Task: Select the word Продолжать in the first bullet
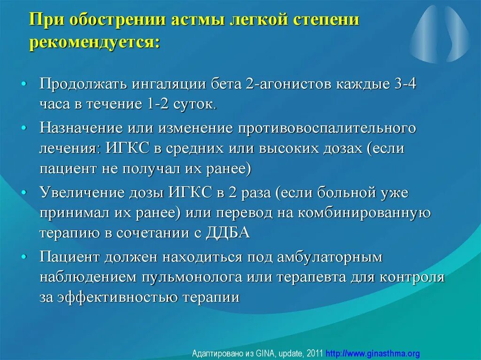80,85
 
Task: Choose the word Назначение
80,128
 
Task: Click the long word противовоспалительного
327,128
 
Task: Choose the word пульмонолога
191,277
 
